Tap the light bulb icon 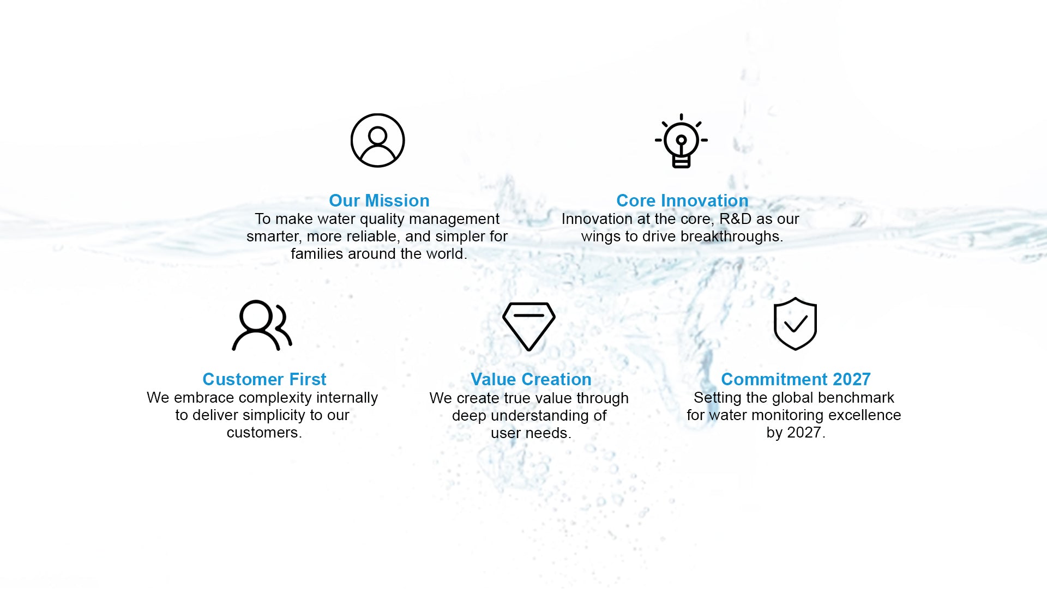coord(681,141)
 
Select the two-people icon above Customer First coord(262,325)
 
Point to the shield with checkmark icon coord(795,324)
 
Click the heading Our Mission coord(379,201)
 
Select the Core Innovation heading coord(682,201)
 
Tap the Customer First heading coord(264,379)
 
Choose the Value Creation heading coord(531,379)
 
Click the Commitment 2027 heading coord(796,379)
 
